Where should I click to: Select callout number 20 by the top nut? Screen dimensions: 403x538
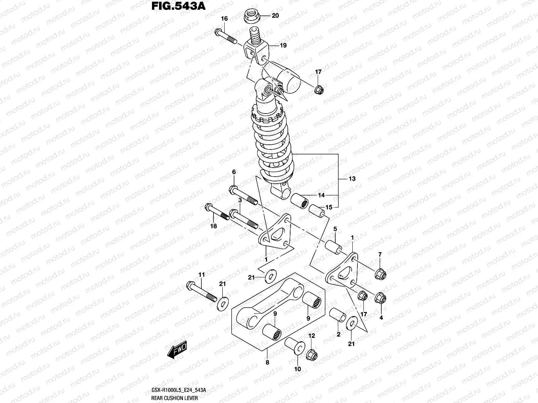(275, 15)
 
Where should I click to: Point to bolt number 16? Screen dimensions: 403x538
(226, 38)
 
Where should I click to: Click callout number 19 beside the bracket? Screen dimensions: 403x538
(283, 45)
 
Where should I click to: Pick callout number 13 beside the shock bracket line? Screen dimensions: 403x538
(352, 179)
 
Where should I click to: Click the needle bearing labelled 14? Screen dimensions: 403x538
(300, 201)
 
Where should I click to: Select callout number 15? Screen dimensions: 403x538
(329, 207)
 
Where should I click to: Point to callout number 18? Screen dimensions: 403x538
(214, 226)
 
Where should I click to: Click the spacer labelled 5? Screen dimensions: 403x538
(332, 245)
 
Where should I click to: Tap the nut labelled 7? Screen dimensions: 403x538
(380, 274)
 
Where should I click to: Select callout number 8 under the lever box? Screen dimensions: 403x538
(267, 362)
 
